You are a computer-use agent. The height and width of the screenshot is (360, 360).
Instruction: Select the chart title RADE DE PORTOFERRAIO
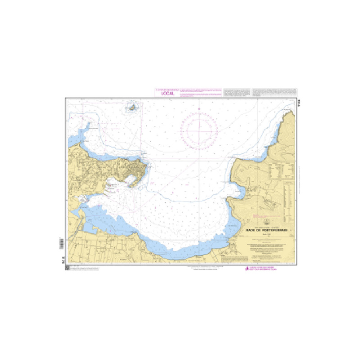[x=267, y=229]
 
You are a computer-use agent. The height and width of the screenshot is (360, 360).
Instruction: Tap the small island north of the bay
[x=133, y=108]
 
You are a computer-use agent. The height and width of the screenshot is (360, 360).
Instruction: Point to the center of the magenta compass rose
[x=198, y=130]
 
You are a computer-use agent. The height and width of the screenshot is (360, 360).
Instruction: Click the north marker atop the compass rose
[x=198, y=109]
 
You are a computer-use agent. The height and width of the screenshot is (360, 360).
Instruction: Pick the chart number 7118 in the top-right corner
[x=297, y=103]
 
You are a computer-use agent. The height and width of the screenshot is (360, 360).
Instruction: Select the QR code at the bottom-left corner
[x=67, y=268]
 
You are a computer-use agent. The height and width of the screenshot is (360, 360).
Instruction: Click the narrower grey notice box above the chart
[x=237, y=92]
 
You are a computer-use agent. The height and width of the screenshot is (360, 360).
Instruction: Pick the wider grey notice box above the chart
[x=274, y=92]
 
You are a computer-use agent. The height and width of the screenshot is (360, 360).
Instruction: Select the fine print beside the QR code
[x=85, y=269]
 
